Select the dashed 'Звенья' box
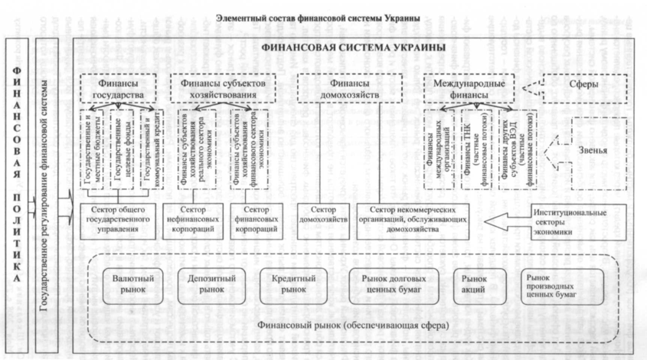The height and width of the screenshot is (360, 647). [x=594, y=150]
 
